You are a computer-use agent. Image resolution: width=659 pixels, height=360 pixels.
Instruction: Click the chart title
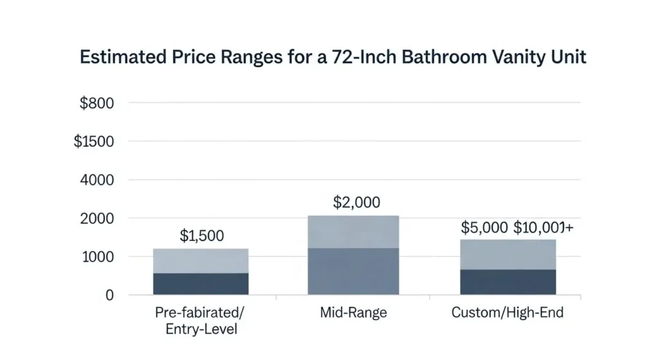point(333,57)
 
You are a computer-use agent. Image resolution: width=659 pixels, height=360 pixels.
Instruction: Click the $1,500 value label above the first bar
point(201,236)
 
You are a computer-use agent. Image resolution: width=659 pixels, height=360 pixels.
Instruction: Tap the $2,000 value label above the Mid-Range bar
point(357,202)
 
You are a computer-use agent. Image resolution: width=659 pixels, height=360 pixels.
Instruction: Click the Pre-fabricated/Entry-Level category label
point(201,321)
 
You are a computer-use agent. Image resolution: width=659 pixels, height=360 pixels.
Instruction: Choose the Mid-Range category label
point(353,314)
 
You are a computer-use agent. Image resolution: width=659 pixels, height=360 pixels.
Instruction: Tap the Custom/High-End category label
point(507,314)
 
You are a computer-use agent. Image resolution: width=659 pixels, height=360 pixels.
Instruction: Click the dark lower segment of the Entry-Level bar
point(201,284)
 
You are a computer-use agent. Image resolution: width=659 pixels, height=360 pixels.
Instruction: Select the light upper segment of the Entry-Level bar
point(201,261)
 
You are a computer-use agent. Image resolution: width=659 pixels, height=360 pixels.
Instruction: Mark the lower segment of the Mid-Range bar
point(353,271)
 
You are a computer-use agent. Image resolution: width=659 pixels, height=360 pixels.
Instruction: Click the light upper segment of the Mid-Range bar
point(353,231)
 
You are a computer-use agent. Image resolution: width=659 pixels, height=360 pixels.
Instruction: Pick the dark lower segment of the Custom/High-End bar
point(507,282)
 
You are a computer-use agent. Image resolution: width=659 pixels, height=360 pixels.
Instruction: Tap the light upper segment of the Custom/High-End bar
point(507,254)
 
